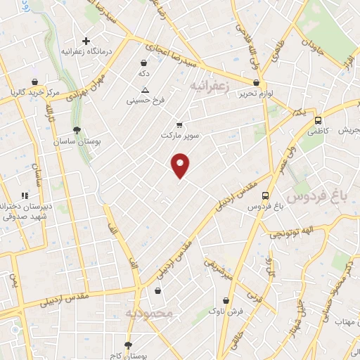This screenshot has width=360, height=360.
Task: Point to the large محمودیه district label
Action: [x=148, y=312]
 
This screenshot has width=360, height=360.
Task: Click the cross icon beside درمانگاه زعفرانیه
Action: [x=86, y=41]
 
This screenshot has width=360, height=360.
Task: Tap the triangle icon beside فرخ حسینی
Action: [x=145, y=90]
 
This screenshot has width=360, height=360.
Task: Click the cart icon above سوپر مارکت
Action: [x=180, y=123]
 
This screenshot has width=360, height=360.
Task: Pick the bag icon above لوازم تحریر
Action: [x=245, y=82]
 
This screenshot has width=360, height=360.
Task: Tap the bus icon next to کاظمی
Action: [x=319, y=120]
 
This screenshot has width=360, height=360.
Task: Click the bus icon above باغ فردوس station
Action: [x=264, y=195]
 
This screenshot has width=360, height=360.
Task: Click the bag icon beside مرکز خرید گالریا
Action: [x=35, y=82]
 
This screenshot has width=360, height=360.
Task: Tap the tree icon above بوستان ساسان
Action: [x=77, y=130]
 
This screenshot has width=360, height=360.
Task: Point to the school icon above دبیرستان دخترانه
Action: [x=25, y=195]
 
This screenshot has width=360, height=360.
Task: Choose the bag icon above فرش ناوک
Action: [x=225, y=300]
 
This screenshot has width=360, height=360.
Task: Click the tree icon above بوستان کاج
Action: [x=127, y=345]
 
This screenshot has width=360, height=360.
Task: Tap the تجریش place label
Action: [x=348, y=131]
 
